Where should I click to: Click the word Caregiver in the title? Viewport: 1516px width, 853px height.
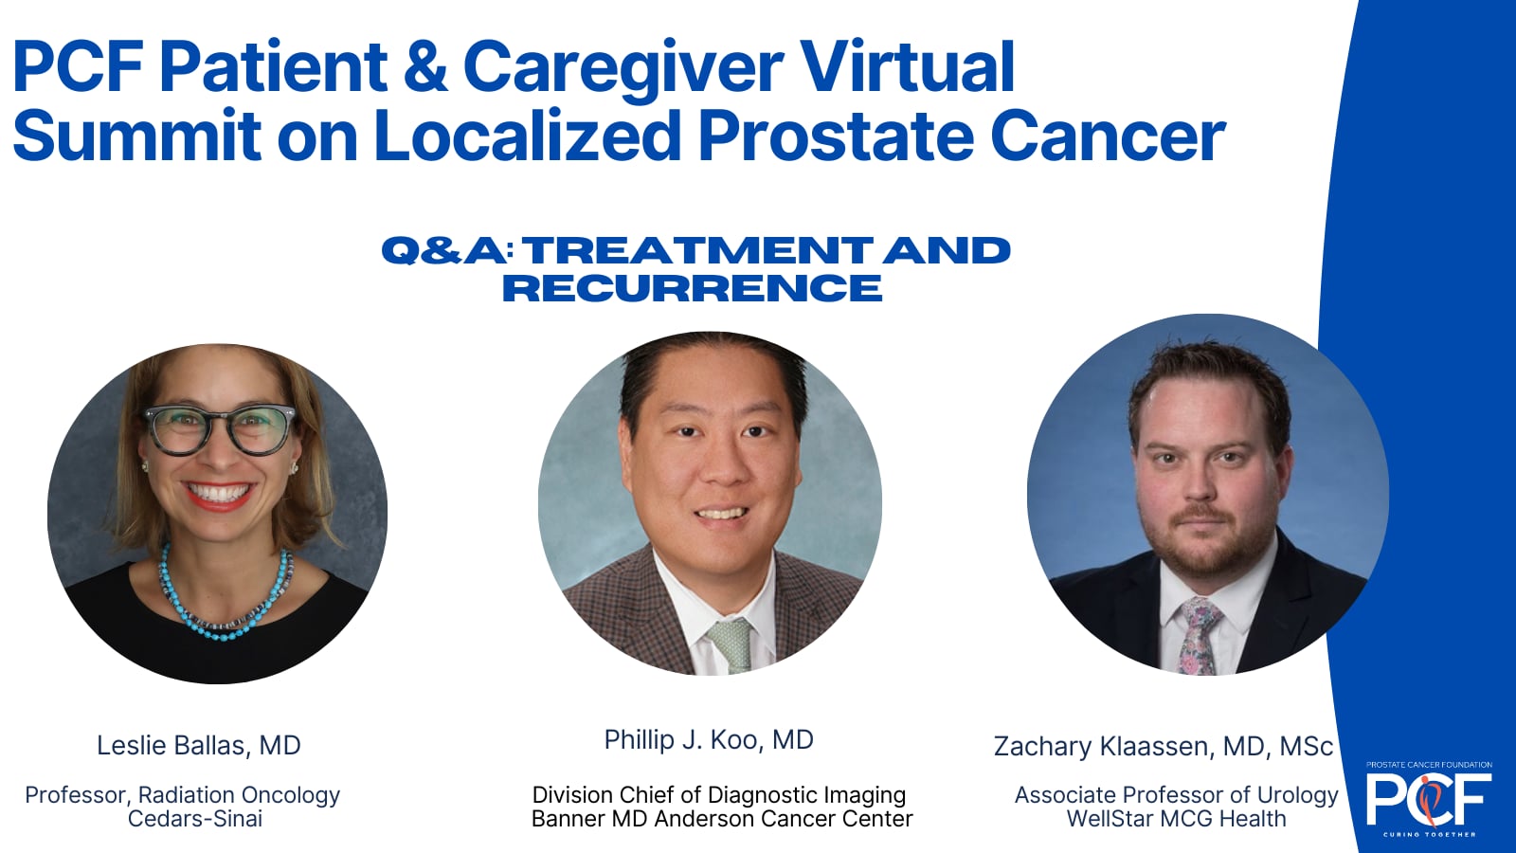tap(623, 68)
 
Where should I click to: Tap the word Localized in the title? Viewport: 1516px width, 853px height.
tap(527, 136)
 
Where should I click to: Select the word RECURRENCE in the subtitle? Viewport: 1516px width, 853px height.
tap(692, 288)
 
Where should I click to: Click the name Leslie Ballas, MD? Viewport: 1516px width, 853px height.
tap(199, 746)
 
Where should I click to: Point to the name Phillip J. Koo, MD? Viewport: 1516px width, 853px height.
tap(709, 740)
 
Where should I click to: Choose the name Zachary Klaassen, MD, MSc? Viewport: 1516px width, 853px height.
tap(1163, 747)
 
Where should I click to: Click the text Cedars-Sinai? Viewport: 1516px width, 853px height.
tap(195, 819)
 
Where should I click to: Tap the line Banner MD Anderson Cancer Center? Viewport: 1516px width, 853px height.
tap(722, 819)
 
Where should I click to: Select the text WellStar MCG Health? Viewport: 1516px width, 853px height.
tap(1176, 819)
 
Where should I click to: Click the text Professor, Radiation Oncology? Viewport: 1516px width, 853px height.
tap(182, 795)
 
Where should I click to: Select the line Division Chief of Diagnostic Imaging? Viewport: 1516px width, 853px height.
tap(718, 795)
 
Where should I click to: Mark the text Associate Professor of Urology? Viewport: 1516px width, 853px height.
tap(1176, 795)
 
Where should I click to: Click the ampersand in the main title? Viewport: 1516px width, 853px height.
tap(424, 68)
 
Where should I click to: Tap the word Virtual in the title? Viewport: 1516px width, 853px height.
tap(907, 68)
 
